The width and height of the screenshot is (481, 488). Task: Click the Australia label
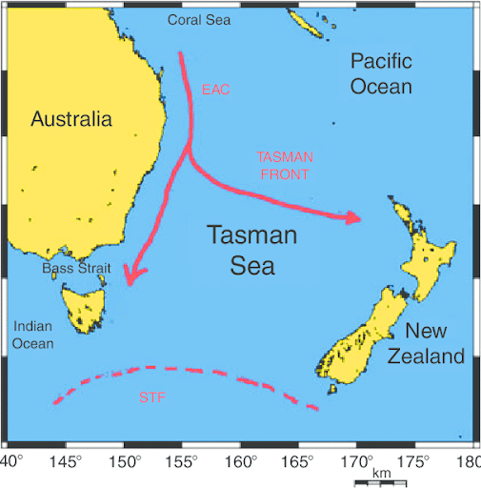point(71,119)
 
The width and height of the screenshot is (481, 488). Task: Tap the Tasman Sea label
point(252,250)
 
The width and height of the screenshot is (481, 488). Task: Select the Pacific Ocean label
point(381,74)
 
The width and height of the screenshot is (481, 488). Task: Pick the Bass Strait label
point(77,270)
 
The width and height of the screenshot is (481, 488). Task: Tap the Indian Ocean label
point(33,335)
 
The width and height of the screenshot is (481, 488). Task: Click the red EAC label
point(215,91)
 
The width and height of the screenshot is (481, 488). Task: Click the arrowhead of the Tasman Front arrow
point(354,217)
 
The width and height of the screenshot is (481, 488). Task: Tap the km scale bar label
point(381,474)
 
